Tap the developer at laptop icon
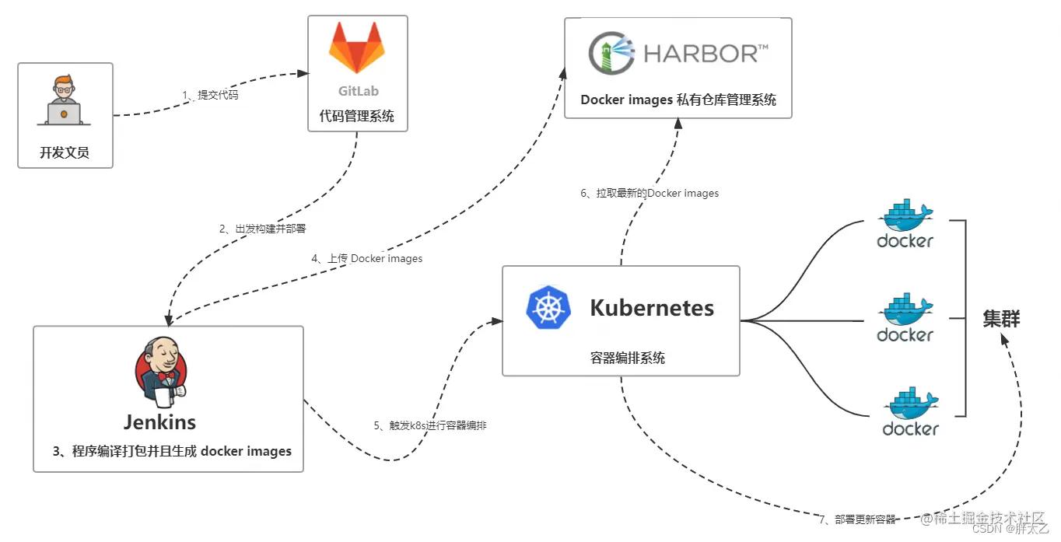64,101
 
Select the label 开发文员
65,152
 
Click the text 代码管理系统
357,117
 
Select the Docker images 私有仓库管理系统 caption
678,100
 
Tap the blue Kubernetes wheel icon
549,307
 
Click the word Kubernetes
652,308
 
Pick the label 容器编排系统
628,358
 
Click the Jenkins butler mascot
162,373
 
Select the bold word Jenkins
159,422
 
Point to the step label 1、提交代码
210,95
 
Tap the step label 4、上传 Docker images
367,258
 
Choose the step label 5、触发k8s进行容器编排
430,425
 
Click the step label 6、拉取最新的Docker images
650,193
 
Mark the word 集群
1001,319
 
